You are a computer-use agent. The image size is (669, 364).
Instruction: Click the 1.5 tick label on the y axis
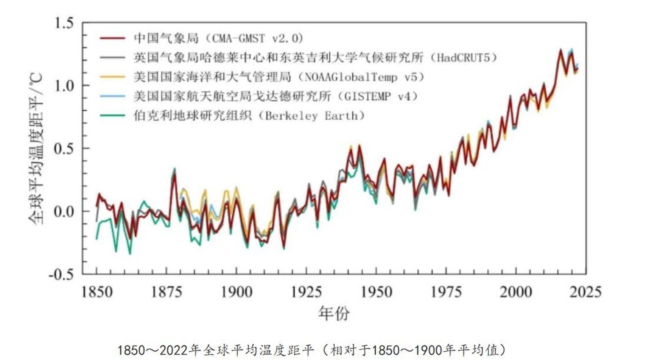click(64, 23)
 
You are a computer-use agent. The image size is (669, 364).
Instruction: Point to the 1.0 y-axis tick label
click(64, 86)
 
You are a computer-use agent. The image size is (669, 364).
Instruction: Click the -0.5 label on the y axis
click(61, 275)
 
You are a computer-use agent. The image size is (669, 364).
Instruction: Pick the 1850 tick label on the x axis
click(97, 292)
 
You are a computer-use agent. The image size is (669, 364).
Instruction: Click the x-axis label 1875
click(166, 292)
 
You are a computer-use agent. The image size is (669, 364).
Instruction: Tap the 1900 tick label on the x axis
click(236, 292)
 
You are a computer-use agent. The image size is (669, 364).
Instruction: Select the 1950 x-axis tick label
click(376, 292)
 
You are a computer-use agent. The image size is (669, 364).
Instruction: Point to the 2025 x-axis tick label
click(585, 292)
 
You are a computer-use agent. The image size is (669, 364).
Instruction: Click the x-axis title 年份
click(334, 313)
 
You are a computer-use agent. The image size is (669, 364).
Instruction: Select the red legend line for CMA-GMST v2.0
click(112, 38)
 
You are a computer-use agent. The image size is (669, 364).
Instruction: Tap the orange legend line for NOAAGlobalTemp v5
click(112, 77)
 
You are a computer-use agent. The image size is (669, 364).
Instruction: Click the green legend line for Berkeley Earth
click(112, 115)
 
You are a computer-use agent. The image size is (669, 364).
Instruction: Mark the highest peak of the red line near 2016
click(560, 50)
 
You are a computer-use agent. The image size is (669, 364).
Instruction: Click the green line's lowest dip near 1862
click(130, 254)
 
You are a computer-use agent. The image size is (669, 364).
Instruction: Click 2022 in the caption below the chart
click(174, 350)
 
